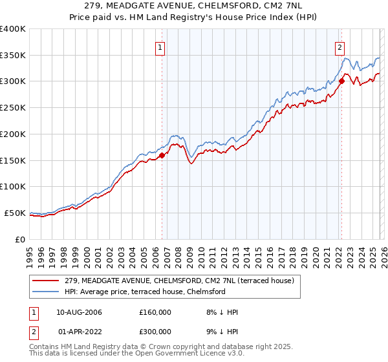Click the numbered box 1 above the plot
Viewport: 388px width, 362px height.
click(x=159, y=47)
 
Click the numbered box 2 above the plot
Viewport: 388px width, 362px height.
click(x=339, y=47)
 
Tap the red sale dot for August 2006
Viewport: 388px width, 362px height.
click(x=162, y=155)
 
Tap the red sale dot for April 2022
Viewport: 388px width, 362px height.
click(x=341, y=81)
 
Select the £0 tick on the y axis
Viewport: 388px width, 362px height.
click(x=20, y=239)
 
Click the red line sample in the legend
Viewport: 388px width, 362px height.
click(x=45, y=281)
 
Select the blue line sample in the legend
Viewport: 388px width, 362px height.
click(x=45, y=292)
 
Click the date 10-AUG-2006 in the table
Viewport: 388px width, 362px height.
click(x=79, y=312)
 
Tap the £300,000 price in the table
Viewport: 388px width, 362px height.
click(x=155, y=330)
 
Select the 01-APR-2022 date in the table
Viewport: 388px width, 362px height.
click(x=79, y=330)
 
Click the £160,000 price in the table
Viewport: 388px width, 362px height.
click(x=155, y=312)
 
